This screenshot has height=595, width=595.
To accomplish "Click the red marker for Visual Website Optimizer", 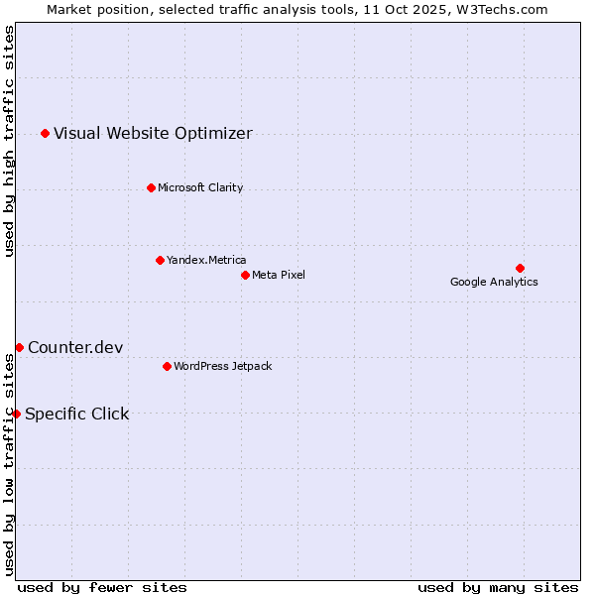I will [x=45, y=133].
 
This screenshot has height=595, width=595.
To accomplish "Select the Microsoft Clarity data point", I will [x=151, y=187].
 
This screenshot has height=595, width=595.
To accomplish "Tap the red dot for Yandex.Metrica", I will [x=160, y=260].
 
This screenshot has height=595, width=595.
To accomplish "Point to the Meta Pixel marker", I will [x=245, y=275].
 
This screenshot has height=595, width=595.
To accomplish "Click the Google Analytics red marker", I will [x=520, y=268].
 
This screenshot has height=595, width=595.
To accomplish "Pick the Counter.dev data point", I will [x=19, y=347].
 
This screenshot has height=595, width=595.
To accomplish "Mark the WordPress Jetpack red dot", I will [x=167, y=366].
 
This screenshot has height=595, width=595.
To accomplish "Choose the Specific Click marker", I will [x=16, y=414].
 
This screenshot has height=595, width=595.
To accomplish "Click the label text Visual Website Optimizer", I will [x=153, y=133].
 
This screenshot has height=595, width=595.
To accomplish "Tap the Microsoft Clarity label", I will [x=200, y=187].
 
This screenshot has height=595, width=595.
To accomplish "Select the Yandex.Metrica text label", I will [x=206, y=260].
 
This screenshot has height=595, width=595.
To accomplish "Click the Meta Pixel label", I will [x=279, y=275].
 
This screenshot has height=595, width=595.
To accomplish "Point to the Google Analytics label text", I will [x=494, y=282].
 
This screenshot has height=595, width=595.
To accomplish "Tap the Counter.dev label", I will [x=75, y=347].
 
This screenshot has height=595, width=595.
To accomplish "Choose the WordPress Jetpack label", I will [x=222, y=366].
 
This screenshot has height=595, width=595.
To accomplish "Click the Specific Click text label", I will [x=76, y=414].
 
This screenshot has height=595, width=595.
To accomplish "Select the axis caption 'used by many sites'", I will [x=498, y=587].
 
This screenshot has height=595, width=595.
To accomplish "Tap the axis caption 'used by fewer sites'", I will [x=102, y=587].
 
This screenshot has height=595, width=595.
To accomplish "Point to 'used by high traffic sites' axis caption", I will [x=10, y=141].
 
